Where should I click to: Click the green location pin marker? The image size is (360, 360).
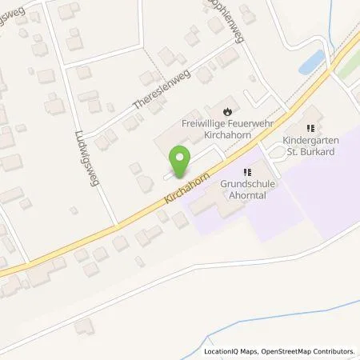[x=182, y=161]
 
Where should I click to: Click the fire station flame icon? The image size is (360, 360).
[x=228, y=111]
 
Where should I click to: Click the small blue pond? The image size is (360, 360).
[x=313, y=62]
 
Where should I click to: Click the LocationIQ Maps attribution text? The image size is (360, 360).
[x=231, y=352]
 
